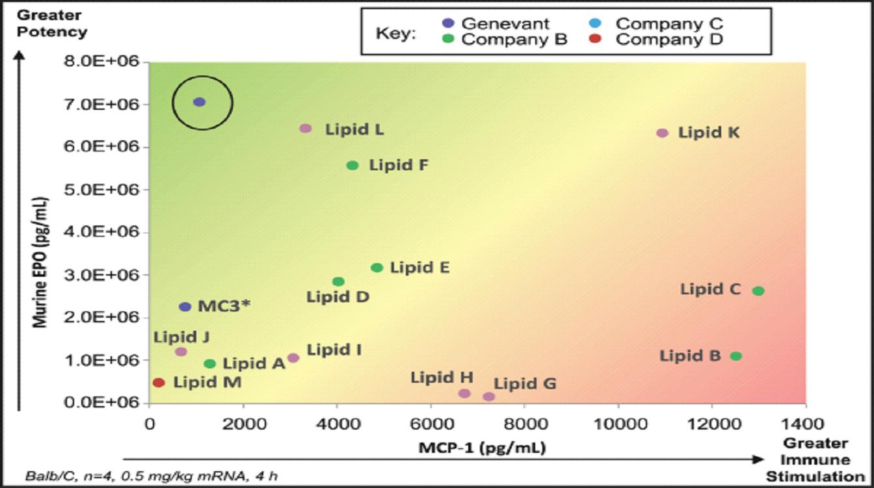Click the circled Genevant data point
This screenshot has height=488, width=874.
click(x=200, y=102)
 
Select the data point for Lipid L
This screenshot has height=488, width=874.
click(x=306, y=129)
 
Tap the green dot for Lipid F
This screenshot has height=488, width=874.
click(x=352, y=166)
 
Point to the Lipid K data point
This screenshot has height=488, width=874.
click(x=663, y=133)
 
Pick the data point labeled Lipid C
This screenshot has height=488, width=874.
click(x=758, y=291)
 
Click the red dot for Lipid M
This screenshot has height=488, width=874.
click(x=159, y=383)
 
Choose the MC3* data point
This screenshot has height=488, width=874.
click(x=185, y=307)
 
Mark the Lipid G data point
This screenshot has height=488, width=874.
click(x=489, y=396)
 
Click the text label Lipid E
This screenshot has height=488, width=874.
click(x=419, y=267)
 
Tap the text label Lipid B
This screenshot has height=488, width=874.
click(x=690, y=356)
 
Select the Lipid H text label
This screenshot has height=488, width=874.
click(x=442, y=378)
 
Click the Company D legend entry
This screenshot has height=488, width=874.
click(x=669, y=40)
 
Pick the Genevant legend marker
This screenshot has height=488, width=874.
click(x=448, y=24)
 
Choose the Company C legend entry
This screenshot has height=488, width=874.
click(x=669, y=24)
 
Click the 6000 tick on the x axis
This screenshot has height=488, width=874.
click(x=430, y=422)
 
